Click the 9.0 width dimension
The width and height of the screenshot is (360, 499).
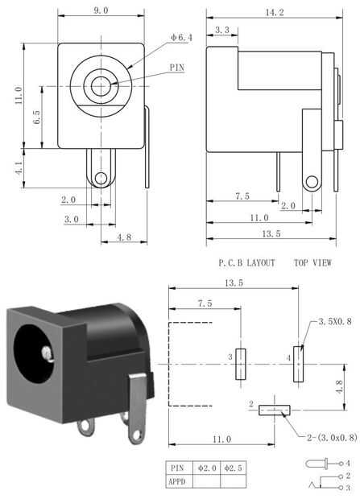pos(101,10)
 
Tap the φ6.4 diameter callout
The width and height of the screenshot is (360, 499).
pos(181,38)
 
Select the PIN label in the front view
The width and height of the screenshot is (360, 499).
pos(177,68)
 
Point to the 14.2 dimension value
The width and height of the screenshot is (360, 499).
pos(275,12)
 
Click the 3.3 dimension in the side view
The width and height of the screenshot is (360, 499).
pos(222,30)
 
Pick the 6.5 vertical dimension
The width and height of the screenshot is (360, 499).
pos(36,117)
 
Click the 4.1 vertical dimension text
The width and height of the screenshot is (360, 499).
pos(19,167)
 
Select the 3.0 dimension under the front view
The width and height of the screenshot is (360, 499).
pos(72,219)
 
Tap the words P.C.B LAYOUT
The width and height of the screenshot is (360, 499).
pos(246,263)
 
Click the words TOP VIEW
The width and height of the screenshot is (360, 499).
pos(312,263)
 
